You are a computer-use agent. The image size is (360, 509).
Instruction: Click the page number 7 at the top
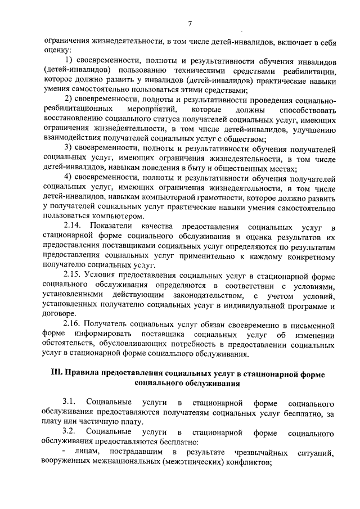tap(190, 23)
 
